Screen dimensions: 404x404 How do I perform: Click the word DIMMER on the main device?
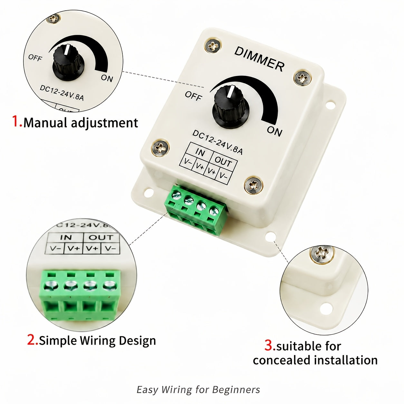pyautogui.click(x=260, y=58)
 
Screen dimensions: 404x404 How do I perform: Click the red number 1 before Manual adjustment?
pyautogui.click(x=17, y=121)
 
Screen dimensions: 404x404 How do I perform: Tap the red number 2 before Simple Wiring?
pyautogui.click(x=33, y=340)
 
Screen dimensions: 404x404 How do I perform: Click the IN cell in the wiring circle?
pyautogui.click(x=66, y=237)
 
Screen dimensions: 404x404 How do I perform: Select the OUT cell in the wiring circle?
pyautogui.click(x=101, y=237)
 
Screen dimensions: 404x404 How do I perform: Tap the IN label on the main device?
pyautogui.click(x=200, y=152)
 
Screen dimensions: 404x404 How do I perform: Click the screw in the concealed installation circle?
pyautogui.click(x=321, y=254)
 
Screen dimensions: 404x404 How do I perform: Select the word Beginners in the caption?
pyautogui.click(x=236, y=384)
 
